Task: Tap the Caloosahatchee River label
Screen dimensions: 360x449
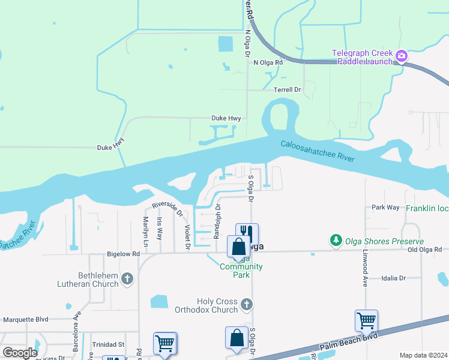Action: [317, 151]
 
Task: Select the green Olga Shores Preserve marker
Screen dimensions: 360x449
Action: [336, 241]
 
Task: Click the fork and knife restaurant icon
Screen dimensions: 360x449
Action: [247, 233]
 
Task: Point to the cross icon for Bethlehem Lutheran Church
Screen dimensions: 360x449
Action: [127, 278]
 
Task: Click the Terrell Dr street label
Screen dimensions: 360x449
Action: [287, 89]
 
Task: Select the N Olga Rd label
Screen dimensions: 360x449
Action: [268, 62]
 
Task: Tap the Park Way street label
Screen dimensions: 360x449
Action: [385, 207]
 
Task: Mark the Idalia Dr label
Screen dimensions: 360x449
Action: [394, 278]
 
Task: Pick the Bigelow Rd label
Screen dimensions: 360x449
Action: [124, 254]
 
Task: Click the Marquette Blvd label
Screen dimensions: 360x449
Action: [25, 319]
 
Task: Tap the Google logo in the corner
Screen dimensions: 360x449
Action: [20, 352]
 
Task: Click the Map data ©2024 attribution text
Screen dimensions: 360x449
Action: [423, 355]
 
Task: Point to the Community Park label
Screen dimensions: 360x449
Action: [241, 271]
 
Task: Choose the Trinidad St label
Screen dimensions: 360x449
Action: [107, 344]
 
